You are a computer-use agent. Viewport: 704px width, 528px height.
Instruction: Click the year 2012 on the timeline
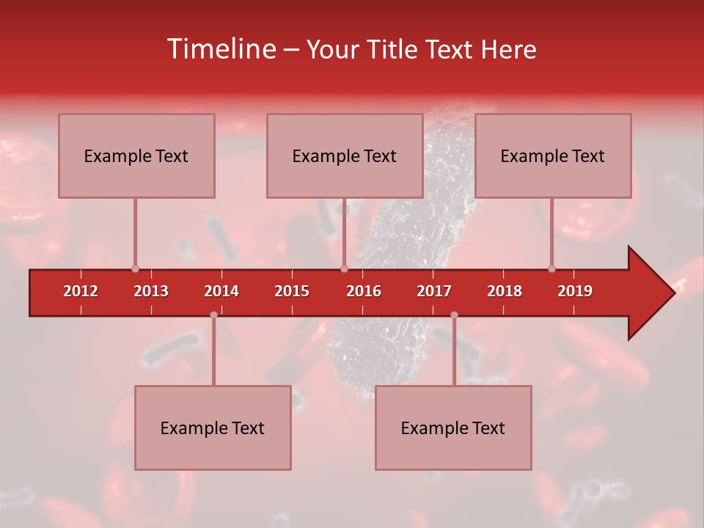(81, 291)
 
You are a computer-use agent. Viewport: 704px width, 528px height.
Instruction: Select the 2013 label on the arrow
(151, 291)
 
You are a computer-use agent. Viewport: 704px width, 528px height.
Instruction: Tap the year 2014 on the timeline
(221, 291)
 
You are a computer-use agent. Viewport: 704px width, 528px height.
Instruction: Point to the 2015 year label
(292, 291)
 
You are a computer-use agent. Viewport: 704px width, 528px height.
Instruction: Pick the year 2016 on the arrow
(364, 291)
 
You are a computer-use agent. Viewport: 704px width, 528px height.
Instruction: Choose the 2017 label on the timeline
(434, 291)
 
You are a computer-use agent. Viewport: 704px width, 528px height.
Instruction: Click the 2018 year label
(505, 291)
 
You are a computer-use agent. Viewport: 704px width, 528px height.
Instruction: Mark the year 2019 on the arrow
(575, 291)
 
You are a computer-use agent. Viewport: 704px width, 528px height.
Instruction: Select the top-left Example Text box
(136, 155)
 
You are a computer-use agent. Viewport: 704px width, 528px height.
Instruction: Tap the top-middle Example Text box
(345, 155)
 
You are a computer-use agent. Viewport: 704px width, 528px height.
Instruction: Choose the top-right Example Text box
(553, 155)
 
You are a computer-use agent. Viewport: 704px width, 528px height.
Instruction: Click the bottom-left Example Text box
(213, 428)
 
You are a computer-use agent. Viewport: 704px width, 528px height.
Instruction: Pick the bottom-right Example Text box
(453, 428)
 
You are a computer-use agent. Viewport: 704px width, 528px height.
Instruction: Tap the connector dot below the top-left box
(135, 268)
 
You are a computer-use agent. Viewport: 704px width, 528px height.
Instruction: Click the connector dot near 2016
(344, 268)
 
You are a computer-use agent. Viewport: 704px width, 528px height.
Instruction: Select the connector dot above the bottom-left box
(213, 315)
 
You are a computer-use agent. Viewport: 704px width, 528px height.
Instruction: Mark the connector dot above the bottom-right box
(454, 315)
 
